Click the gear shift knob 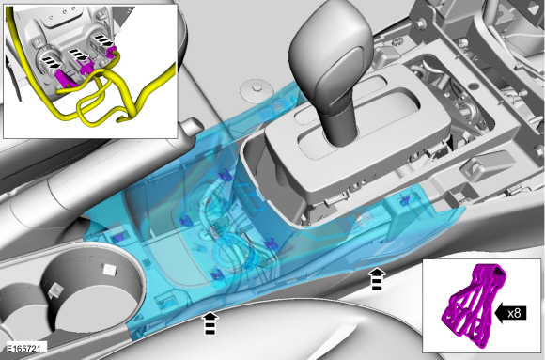point(330,57)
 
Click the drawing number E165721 point(23,348)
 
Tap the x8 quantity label point(514,313)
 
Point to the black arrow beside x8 point(510,313)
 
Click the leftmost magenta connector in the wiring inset point(64,78)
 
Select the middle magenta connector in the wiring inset point(86,66)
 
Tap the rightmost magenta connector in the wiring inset point(111,53)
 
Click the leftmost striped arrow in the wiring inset point(52,62)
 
